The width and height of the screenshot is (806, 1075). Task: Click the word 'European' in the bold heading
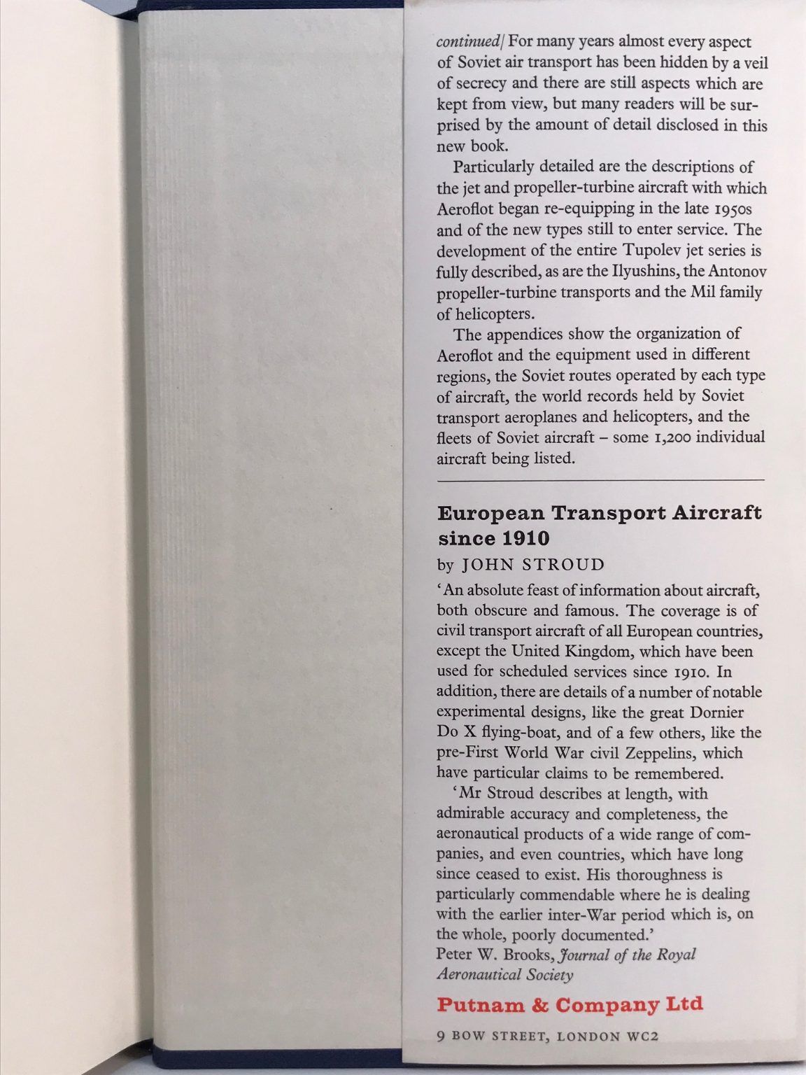click(x=490, y=513)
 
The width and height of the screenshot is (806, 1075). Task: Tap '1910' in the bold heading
click(x=525, y=539)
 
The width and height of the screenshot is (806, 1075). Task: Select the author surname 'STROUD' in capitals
click(x=567, y=565)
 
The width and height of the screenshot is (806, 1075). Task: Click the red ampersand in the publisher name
click(x=537, y=1005)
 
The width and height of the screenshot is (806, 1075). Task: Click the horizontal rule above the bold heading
click(x=600, y=480)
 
